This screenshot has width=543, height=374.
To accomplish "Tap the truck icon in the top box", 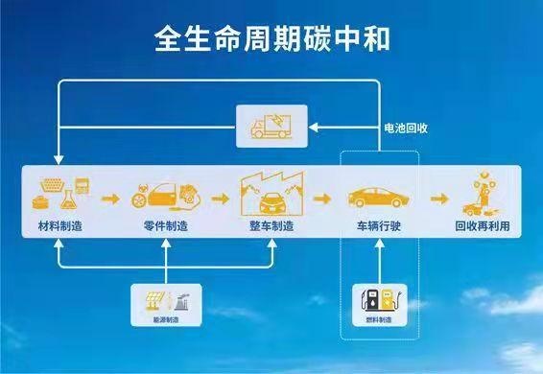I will click(x=272, y=126).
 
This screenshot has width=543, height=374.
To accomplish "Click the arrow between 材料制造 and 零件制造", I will click(x=110, y=199).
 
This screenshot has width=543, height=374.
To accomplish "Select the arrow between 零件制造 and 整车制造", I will click(x=220, y=199).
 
